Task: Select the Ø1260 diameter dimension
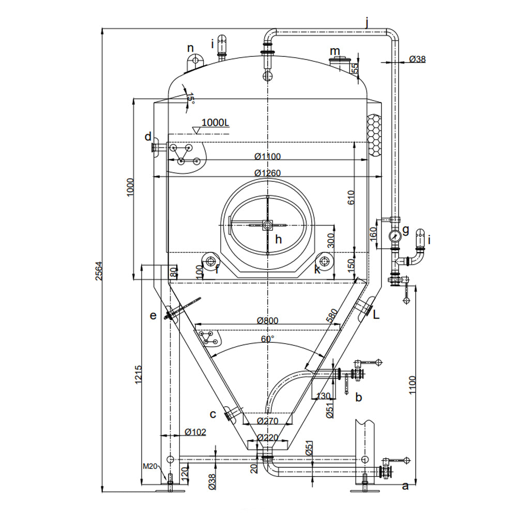tap(267, 173)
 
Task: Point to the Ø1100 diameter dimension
tap(267, 156)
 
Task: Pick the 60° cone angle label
tap(267, 339)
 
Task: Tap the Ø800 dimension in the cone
tap(267, 321)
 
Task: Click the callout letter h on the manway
tap(279, 239)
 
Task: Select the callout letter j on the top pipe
tap(368, 22)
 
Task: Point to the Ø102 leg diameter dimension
tap(195, 432)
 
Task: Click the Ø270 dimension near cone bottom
tap(267, 421)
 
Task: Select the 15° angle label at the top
tap(190, 98)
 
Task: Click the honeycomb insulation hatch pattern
tap(374, 133)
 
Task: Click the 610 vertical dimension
tap(351, 197)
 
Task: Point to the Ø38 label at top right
tap(417, 59)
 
